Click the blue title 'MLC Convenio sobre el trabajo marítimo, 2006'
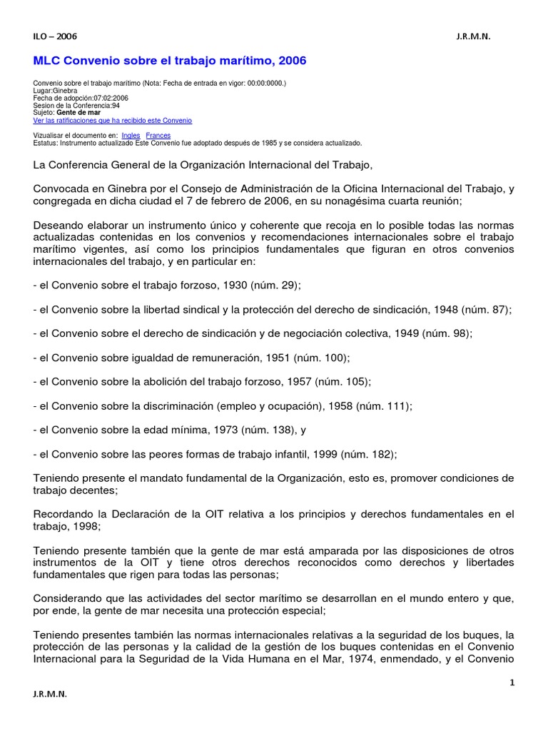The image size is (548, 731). click(x=170, y=61)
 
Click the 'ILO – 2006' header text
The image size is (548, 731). click(x=55, y=36)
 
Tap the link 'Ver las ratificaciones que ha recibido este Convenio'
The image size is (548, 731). click(x=113, y=121)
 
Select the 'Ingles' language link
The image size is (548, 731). click(x=131, y=135)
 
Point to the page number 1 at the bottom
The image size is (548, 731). click(x=512, y=682)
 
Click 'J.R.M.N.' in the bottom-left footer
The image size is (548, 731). click(x=51, y=694)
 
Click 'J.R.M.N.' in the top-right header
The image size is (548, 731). click(x=473, y=36)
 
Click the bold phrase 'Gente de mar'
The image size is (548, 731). click(x=78, y=113)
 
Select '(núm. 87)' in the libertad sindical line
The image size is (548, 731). click(x=486, y=309)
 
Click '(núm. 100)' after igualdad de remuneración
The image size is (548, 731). click(x=325, y=358)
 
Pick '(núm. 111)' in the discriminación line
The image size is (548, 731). click(x=387, y=406)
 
